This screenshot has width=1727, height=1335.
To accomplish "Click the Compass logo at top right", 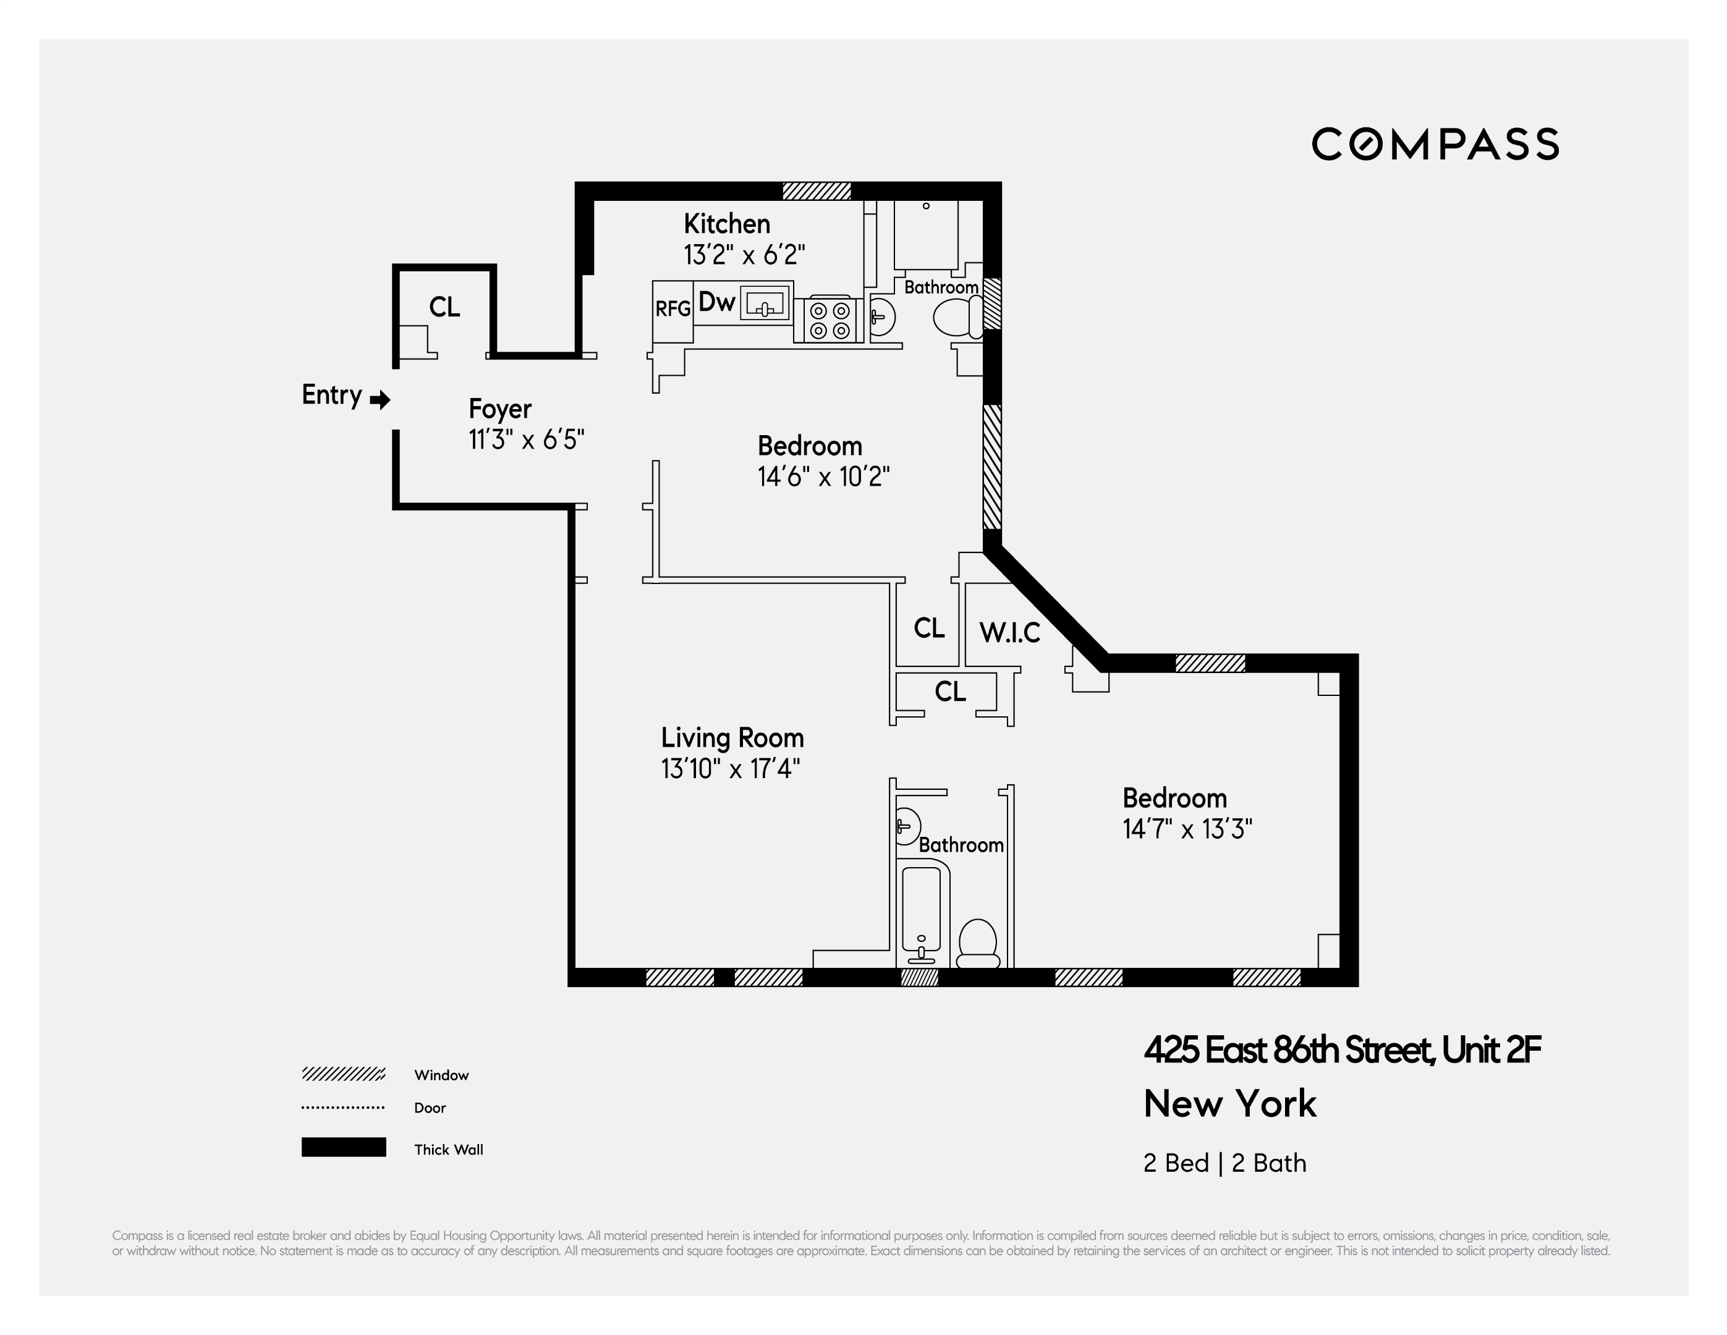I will [x=1435, y=144].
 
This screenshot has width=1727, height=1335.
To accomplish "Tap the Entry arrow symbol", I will [x=380, y=399].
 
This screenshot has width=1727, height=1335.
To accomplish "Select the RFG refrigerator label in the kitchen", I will [x=673, y=309].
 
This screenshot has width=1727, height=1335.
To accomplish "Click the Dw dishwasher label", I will [x=717, y=302].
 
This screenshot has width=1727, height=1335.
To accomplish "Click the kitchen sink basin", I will [x=765, y=303].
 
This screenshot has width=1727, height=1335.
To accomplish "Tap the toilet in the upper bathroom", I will [x=955, y=318].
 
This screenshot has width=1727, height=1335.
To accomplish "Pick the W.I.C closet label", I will [x=1010, y=633].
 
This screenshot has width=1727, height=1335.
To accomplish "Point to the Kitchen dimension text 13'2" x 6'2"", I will [x=744, y=255].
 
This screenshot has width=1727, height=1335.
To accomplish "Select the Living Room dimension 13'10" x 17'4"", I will [x=731, y=769].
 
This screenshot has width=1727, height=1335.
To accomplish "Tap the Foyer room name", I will [x=500, y=409].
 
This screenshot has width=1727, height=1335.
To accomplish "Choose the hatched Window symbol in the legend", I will [x=343, y=1074].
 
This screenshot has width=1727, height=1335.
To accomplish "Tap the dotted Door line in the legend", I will [x=343, y=1107].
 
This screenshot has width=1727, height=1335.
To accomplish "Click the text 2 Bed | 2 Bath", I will [x=1224, y=1163].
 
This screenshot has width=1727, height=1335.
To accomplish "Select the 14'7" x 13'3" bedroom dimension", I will [x=1187, y=829].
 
